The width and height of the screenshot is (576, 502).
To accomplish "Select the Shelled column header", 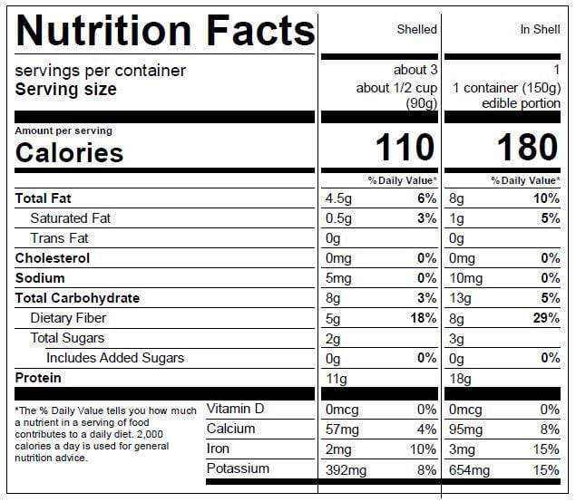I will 416,30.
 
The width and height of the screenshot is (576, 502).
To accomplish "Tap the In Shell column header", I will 540,30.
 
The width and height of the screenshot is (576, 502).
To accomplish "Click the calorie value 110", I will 405,148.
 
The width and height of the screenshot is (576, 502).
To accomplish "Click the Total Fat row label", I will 44,198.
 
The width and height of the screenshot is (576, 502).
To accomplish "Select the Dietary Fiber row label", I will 68,318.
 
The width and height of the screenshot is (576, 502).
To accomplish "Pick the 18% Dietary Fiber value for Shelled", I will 423,318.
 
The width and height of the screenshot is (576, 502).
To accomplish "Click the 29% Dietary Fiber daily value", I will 545,318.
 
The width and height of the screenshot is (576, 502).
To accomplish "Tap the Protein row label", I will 39,378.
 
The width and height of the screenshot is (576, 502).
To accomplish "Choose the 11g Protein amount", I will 337,378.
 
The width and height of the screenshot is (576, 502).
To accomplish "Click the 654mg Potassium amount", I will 469,469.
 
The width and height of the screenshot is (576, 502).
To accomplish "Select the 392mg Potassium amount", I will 347,469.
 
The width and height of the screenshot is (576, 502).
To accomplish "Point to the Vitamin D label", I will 235,409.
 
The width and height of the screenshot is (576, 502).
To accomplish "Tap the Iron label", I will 219,449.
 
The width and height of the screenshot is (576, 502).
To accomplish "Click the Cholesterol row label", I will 53,258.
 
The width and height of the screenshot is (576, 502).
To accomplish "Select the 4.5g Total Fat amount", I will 339,198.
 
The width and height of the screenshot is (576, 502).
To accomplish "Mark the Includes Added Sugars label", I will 115,358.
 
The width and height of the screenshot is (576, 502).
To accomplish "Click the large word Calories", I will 69,152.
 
